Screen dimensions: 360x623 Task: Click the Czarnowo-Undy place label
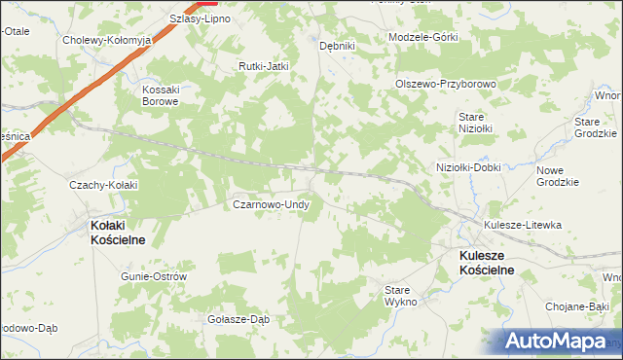tap(271, 205)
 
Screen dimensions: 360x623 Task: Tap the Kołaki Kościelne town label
tap(119, 233)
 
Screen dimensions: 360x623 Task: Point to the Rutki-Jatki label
tap(265, 66)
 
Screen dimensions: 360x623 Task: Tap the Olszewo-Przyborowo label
tap(446, 84)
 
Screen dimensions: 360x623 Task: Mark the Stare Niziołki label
tap(476, 122)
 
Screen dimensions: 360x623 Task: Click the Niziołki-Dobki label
tap(468, 166)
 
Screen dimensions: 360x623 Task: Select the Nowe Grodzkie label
tap(558, 176)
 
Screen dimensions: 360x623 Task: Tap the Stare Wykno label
tap(400, 296)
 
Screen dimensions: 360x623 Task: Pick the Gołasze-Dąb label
tap(238, 318)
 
